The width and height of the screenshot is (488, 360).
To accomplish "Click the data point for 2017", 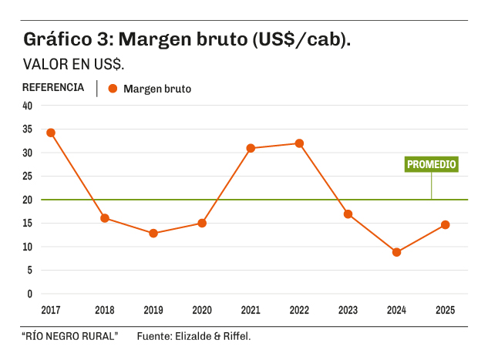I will pyautogui.click(x=51, y=133).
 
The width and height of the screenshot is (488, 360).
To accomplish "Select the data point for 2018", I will pyautogui.click(x=105, y=218).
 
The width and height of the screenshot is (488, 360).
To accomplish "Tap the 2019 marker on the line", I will pyautogui.click(x=153, y=233).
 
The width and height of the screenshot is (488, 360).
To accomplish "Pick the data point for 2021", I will pyautogui.click(x=251, y=148).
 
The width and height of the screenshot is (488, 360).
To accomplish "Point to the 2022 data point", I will pyautogui.click(x=299, y=143).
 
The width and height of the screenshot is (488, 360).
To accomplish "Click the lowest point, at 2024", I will pyautogui.click(x=396, y=252).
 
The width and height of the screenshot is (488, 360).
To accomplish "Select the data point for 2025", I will pyautogui.click(x=445, y=225).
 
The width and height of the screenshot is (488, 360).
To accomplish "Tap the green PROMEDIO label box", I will pyautogui.click(x=432, y=164).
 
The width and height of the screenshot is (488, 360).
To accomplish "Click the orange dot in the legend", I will pyautogui.click(x=113, y=89).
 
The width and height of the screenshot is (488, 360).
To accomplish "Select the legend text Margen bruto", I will pyautogui.click(x=156, y=89).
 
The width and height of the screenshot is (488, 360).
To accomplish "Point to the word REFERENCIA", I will pyautogui.click(x=53, y=88).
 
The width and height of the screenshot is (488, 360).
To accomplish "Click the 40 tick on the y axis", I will pyautogui.click(x=28, y=106).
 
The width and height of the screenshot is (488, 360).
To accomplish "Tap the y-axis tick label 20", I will pyautogui.click(x=28, y=200).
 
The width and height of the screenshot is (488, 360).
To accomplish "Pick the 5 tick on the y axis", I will pyautogui.click(x=30, y=271).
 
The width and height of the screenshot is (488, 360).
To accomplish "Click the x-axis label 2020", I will pyautogui.click(x=202, y=310).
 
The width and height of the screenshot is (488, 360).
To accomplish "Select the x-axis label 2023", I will pyautogui.click(x=348, y=310).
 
